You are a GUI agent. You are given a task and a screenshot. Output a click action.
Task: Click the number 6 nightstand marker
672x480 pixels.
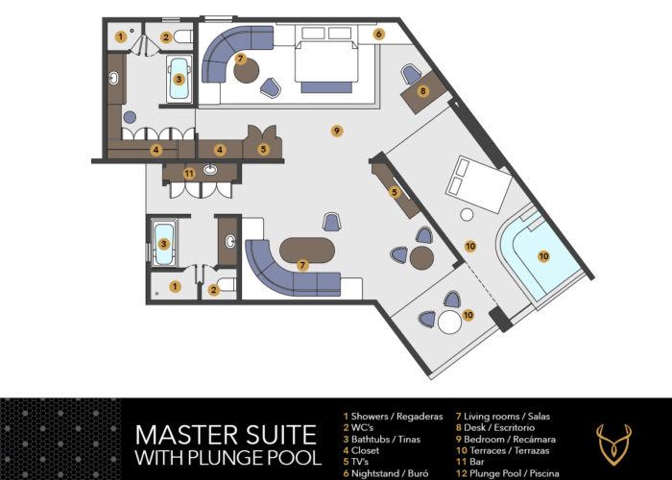click(378, 34)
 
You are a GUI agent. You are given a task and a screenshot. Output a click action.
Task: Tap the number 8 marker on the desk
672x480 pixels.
click(423, 91)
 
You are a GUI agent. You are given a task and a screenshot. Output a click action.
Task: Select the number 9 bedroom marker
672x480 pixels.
click(337, 131)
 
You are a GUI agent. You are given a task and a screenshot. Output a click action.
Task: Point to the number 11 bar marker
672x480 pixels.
click(189, 174)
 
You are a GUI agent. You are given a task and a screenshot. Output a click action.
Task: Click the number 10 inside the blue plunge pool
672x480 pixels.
click(543, 256)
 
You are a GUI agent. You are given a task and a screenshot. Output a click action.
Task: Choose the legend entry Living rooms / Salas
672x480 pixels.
click(503, 416)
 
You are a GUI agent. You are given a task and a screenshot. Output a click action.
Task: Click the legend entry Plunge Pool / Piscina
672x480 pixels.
click(508, 473)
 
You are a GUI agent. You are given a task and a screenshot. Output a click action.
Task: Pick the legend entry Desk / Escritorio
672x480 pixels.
click(495, 427)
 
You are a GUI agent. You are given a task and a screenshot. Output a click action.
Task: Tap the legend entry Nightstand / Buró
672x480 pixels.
click(386, 473)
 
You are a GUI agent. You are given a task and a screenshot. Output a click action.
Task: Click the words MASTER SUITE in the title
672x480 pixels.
click(226, 435)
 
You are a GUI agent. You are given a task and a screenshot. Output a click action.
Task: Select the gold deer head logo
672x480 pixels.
click(613, 445)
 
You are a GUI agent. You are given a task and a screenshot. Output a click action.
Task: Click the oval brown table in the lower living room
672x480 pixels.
click(307, 251)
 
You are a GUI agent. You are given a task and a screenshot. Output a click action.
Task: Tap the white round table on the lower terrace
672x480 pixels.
click(449, 323)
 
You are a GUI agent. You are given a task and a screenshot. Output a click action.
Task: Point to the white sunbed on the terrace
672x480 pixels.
click(479, 184)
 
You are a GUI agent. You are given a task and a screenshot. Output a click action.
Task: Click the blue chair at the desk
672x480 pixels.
click(412, 74)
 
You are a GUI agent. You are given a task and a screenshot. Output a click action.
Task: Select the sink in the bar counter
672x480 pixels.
click(210, 170)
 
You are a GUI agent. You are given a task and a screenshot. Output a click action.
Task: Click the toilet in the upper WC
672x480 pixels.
click(183, 36)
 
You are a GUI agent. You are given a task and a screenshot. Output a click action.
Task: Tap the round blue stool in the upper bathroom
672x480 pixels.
click(130, 117)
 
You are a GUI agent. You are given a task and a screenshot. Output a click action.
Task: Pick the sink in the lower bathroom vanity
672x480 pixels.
click(230, 242)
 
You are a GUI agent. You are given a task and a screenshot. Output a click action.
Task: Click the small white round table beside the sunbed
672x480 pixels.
click(467, 215)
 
